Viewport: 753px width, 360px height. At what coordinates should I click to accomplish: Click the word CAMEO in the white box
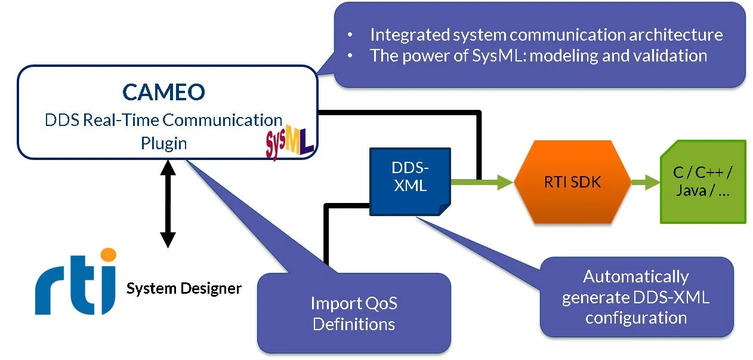coord(163,92)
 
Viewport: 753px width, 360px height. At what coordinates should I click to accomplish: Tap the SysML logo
coord(289,144)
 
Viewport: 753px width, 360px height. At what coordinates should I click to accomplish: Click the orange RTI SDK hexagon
coord(572,181)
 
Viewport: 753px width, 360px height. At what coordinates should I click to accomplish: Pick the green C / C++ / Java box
coord(703,182)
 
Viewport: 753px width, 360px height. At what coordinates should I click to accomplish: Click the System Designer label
coord(184,289)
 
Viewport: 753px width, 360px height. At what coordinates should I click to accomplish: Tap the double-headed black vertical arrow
coord(168,203)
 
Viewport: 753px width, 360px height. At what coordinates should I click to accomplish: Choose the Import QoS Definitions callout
coord(354,313)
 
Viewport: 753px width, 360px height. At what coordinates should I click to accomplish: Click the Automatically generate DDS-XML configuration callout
coord(636,297)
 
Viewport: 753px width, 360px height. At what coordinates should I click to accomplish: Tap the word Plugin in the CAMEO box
coord(163,143)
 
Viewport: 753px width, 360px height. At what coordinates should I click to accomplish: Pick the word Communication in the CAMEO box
coord(222,119)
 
